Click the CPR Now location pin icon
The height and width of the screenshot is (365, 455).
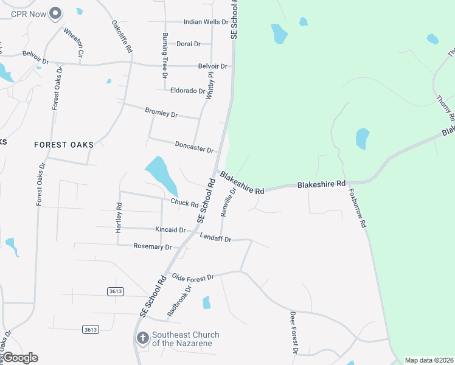pyautogui.click(x=55, y=13)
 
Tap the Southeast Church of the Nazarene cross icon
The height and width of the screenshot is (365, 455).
pyautogui.click(x=142, y=338)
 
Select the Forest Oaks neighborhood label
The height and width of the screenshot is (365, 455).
pyautogui.click(x=64, y=145)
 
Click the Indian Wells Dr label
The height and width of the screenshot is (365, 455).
pyautogui.click(x=206, y=22)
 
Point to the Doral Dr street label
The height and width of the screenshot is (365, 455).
pyautogui.click(x=188, y=44)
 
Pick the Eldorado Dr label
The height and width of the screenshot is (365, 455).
pyautogui.click(x=188, y=91)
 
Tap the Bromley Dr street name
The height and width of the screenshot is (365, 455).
pyautogui.click(x=161, y=113)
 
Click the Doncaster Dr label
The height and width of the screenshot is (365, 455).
pyautogui.click(x=194, y=147)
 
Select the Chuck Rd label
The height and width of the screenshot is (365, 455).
pyautogui.click(x=185, y=203)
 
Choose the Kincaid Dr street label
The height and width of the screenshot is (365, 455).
pyautogui.click(x=170, y=230)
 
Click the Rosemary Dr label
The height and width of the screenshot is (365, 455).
pyautogui.click(x=153, y=246)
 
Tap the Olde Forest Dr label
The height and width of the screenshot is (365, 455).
pyautogui.click(x=193, y=277)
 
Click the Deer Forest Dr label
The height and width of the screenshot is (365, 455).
pyautogui.click(x=294, y=333)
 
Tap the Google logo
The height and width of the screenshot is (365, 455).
pyautogui.click(x=20, y=358)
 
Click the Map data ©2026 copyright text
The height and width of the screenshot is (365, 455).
pyautogui.click(x=429, y=360)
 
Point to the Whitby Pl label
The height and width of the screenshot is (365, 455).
pyautogui.click(x=210, y=86)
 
